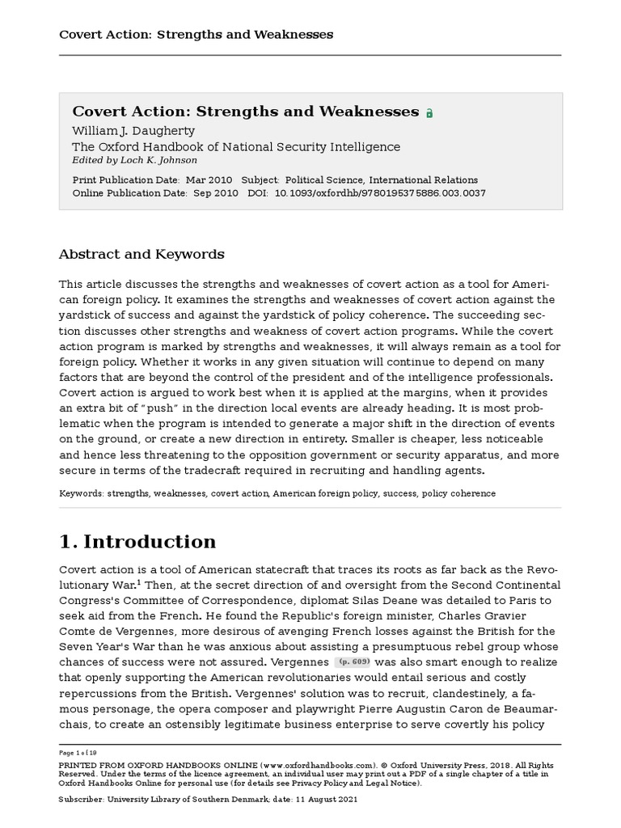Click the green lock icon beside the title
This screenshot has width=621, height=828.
click(x=429, y=114)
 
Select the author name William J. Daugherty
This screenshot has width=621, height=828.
click(x=133, y=131)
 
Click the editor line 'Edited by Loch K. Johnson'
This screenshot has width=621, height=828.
click(x=134, y=160)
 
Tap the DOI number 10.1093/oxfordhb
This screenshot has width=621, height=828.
click(x=380, y=193)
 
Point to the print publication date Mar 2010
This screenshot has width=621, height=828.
click(x=209, y=180)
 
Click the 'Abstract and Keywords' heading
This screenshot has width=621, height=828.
click(x=142, y=254)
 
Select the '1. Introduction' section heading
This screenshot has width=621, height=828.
click(x=137, y=541)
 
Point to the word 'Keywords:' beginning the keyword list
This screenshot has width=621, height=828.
click(x=81, y=493)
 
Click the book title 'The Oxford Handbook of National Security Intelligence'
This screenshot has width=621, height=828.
click(x=236, y=146)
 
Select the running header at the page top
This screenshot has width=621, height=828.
click(x=196, y=35)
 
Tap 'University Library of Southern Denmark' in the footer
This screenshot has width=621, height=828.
click(x=197, y=799)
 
